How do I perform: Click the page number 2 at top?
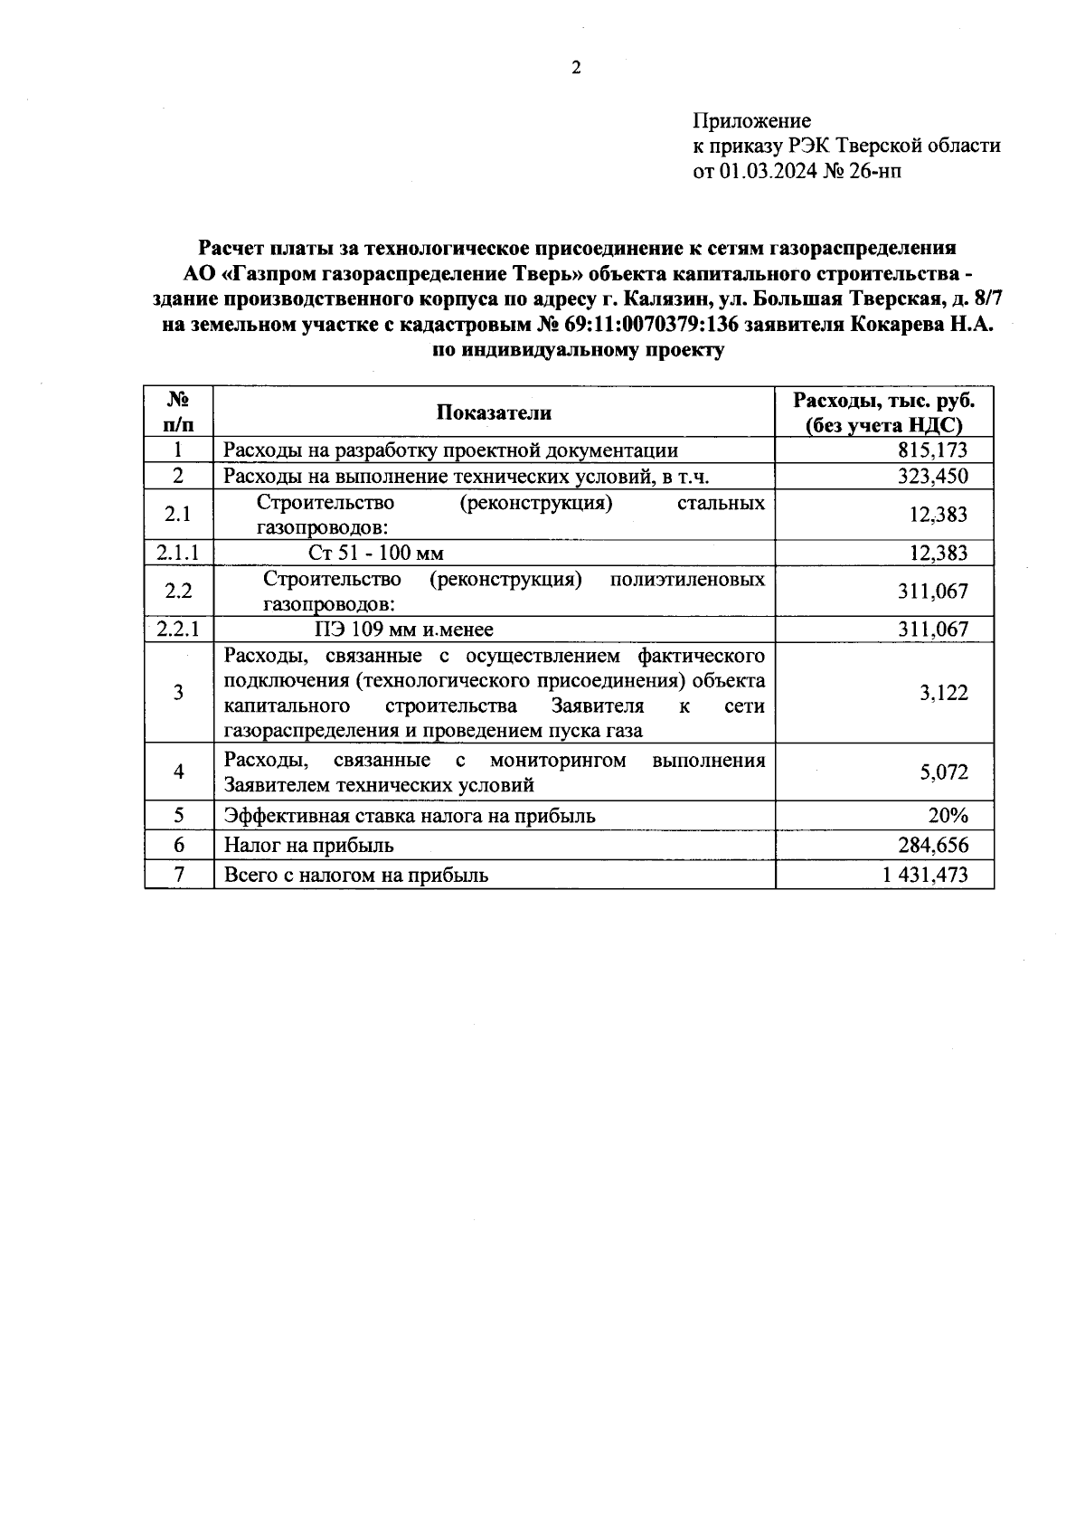point(575,69)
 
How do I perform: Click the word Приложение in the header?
point(751,121)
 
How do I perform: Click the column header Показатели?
point(494,412)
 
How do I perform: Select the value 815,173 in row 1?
point(932,450)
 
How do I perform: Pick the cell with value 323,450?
point(932,477)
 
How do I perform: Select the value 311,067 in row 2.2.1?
point(932,630)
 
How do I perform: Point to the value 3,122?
point(943,693)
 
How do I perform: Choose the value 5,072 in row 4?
point(943,772)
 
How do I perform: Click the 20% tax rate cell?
point(948,816)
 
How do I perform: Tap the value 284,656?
point(932,846)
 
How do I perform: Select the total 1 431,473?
point(925,875)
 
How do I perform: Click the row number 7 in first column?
point(178,875)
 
